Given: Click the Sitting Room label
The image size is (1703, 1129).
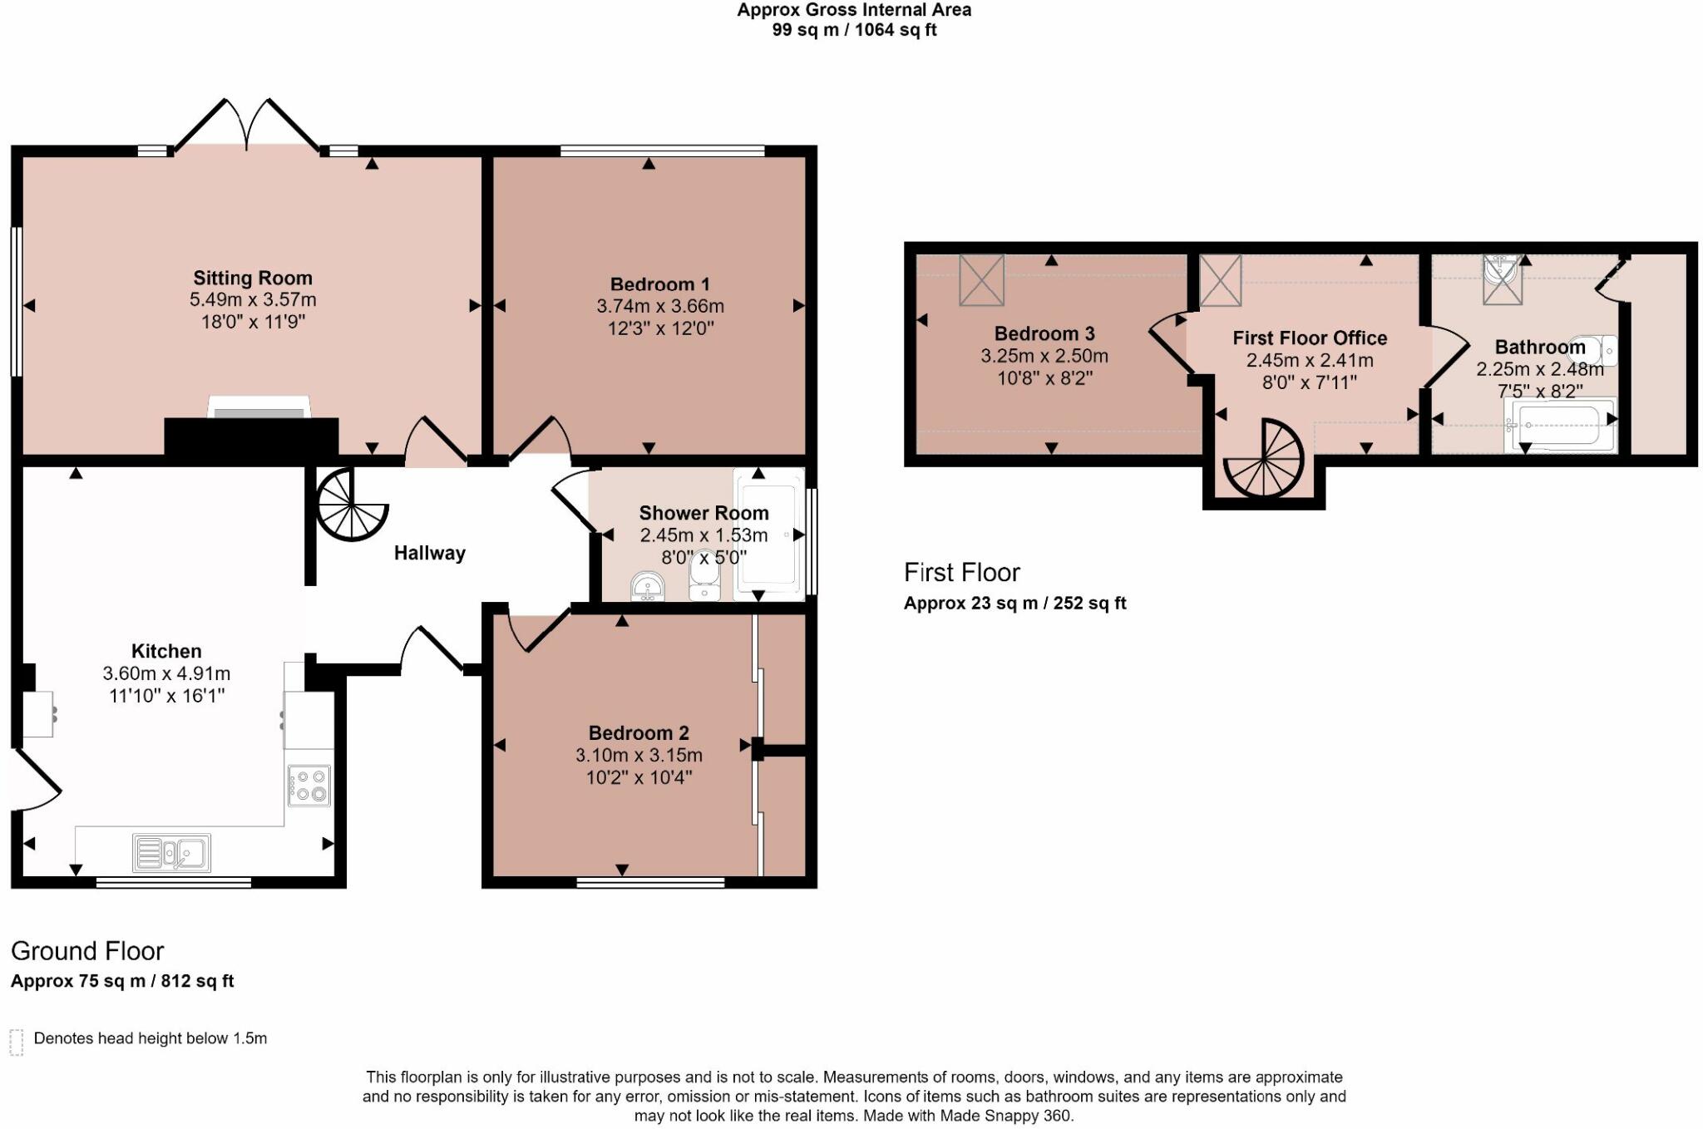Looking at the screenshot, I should (x=253, y=279).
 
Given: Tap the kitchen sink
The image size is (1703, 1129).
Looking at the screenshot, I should (x=172, y=853).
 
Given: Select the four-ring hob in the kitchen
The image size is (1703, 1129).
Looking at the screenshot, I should (x=309, y=786).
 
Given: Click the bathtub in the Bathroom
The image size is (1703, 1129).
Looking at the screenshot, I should (x=1560, y=425).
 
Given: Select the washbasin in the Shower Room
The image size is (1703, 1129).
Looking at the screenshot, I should (x=647, y=587).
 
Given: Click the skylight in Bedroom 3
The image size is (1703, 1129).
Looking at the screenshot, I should (x=981, y=280).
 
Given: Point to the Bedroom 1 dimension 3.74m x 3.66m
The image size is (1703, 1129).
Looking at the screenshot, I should (x=660, y=306).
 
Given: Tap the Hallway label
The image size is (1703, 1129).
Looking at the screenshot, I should (x=429, y=553).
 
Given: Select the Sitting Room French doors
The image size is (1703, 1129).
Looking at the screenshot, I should (x=247, y=127).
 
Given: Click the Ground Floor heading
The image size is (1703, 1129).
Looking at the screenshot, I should (x=87, y=950).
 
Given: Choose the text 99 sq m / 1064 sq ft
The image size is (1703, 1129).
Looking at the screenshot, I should (x=854, y=30).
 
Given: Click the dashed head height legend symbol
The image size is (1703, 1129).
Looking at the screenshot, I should (x=16, y=1042).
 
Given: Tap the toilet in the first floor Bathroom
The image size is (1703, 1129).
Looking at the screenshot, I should (x=1594, y=350).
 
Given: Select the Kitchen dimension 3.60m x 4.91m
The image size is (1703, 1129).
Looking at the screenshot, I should (x=166, y=673).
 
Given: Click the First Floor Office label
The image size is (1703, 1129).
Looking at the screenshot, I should (x=1310, y=338).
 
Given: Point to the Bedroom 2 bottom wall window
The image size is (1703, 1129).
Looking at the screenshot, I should (x=650, y=882).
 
